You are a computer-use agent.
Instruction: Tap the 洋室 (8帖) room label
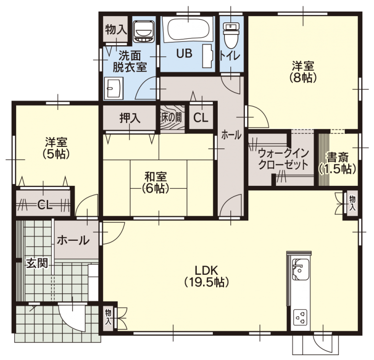pyautogui.click(x=303, y=71)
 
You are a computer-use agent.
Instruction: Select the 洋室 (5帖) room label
pyautogui.click(x=56, y=148)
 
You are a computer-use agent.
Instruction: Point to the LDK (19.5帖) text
pyautogui.click(x=206, y=275)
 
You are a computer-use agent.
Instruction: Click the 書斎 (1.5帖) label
pyautogui.click(x=338, y=163)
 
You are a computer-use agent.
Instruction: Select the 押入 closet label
pyautogui.click(x=130, y=117)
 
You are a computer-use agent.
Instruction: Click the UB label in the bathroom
pyautogui.click(x=184, y=54)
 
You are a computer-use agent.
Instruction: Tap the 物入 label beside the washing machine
pyautogui.click(x=116, y=29)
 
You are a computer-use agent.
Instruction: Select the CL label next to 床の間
pyautogui.click(x=201, y=117)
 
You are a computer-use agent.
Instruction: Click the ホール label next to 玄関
pyautogui.click(x=73, y=240)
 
